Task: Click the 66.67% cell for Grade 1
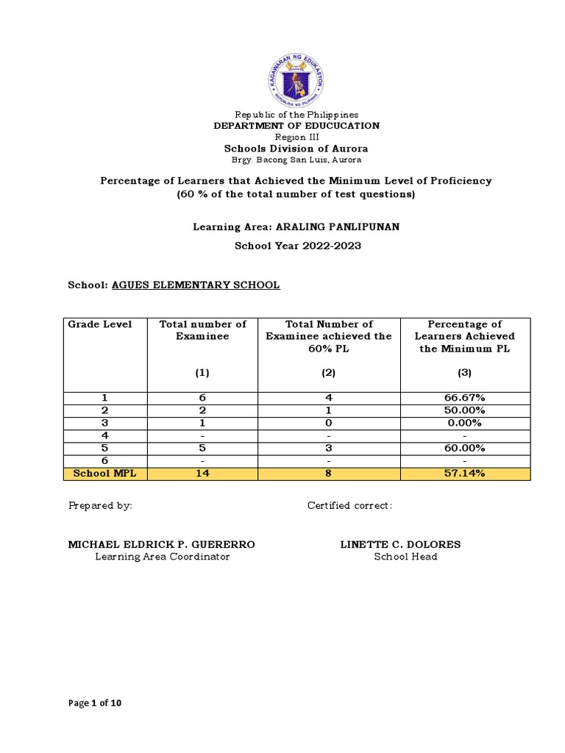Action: pyautogui.click(x=465, y=398)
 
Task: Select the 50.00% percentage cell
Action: pyautogui.click(x=465, y=410)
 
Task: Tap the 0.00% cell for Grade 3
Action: pyautogui.click(x=465, y=423)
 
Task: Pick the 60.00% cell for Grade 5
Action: pyautogui.click(x=465, y=448)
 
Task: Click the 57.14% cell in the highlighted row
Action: pyautogui.click(x=465, y=474)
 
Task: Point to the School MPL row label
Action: pyautogui.click(x=104, y=474)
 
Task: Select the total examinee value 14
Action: pyautogui.click(x=202, y=474)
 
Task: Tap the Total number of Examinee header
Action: pyautogui.click(x=202, y=330)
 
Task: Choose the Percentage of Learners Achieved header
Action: pyautogui.click(x=465, y=336)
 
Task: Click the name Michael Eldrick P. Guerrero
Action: pyautogui.click(x=162, y=544)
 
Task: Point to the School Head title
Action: pyautogui.click(x=405, y=557)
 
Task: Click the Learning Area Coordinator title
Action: pyautogui.click(x=162, y=557)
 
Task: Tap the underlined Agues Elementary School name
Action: pyautogui.click(x=196, y=285)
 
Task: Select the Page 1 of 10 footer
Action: pyautogui.click(x=95, y=703)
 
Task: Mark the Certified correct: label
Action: pyautogui.click(x=349, y=505)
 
